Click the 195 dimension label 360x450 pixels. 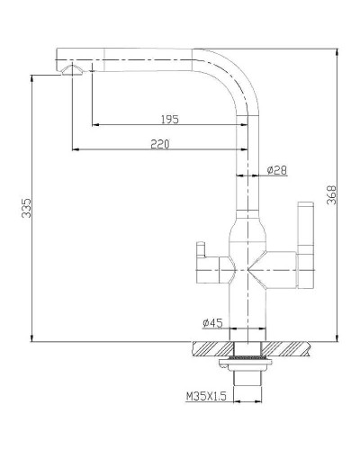pos(168,118)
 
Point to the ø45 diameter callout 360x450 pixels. pos(212,322)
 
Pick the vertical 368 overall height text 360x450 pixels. pos(332,195)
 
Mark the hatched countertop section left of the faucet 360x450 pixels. pos(212,347)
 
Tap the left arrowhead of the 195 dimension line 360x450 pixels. pos(94,124)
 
